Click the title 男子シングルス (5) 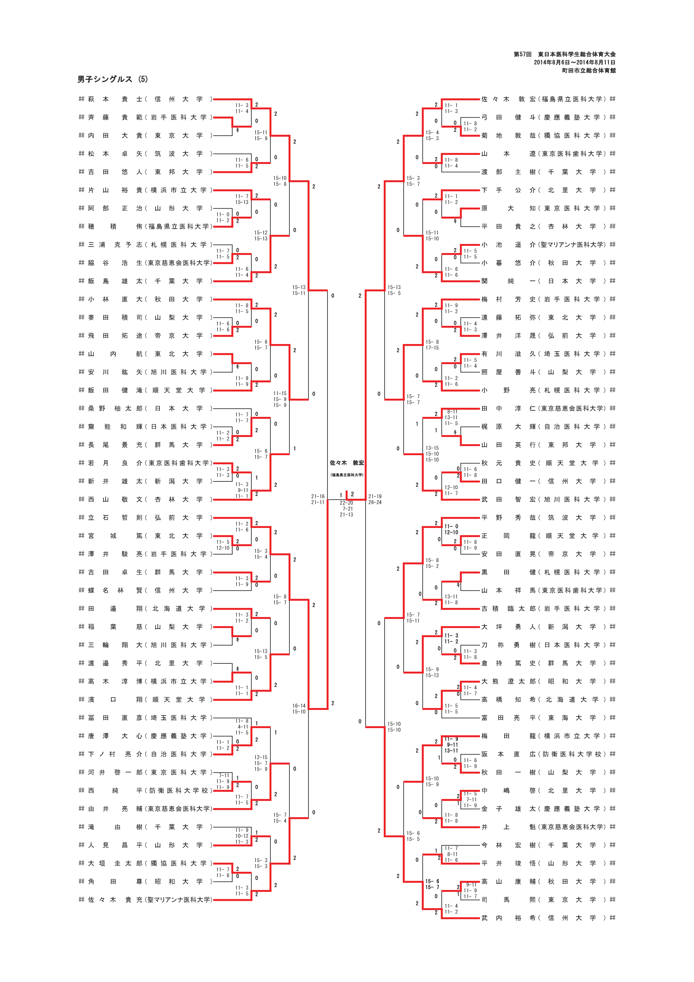pyautogui.click(x=113, y=79)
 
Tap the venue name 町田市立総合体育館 pyautogui.click(x=589, y=71)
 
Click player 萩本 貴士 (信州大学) pyautogui.click(x=145, y=99)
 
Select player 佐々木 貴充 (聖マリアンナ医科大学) pyautogui.click(x=145, y=899)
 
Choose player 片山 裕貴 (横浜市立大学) pyautogui.click(x=145, y=190)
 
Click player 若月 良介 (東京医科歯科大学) pyautogui.click(x=145, y=463)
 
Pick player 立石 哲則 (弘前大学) pyautogui.click(x=145, y=518)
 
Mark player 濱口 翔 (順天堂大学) pyautogui.click(x=145, y=699)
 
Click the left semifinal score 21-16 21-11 pyautogui.click(x=318, y=499)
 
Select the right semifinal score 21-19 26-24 pyautogui.click(x=375, y=499)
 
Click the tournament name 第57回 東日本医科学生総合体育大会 pyautogui.click(x=564, y=54)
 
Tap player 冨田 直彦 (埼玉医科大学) pyautogui.click(x=145, y=718)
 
